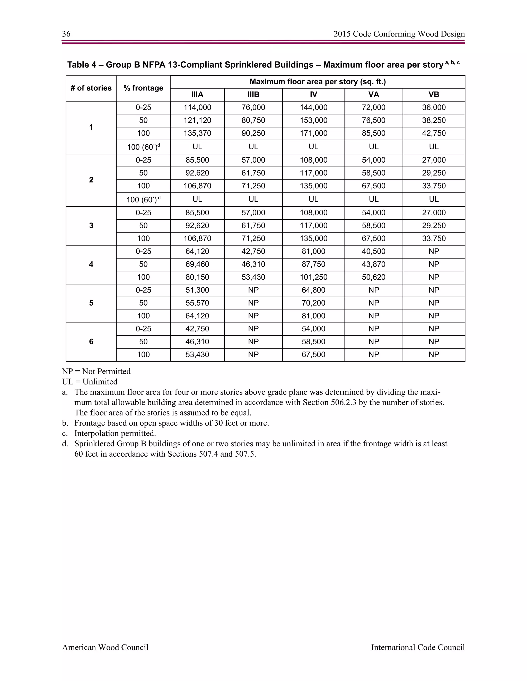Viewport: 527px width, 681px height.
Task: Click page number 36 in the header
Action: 66,34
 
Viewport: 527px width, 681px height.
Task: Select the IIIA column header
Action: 197,95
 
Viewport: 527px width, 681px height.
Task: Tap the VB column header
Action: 434,95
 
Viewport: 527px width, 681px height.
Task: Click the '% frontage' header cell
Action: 143,88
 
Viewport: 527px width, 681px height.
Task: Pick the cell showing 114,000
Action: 197,108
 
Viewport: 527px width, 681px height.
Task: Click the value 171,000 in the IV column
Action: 313,133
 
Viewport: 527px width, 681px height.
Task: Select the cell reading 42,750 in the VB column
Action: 434,133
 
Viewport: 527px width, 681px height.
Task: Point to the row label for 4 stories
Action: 91,264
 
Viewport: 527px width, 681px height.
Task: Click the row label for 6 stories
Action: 91,342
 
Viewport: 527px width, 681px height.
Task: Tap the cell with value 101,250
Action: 313,277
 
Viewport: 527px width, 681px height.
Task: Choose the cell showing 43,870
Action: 373,264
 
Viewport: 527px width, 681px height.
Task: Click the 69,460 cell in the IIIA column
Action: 197,264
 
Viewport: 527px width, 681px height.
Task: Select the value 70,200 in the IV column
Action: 313,303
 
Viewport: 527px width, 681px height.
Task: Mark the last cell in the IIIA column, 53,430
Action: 197,355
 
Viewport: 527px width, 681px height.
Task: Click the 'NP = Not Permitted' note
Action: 96,371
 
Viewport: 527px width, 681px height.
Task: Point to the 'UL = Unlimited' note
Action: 90,382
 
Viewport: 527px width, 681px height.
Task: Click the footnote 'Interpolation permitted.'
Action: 115,434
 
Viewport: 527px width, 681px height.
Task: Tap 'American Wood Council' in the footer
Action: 105,648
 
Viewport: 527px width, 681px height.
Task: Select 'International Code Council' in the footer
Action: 418,648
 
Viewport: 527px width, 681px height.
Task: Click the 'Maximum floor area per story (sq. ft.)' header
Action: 318,82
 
